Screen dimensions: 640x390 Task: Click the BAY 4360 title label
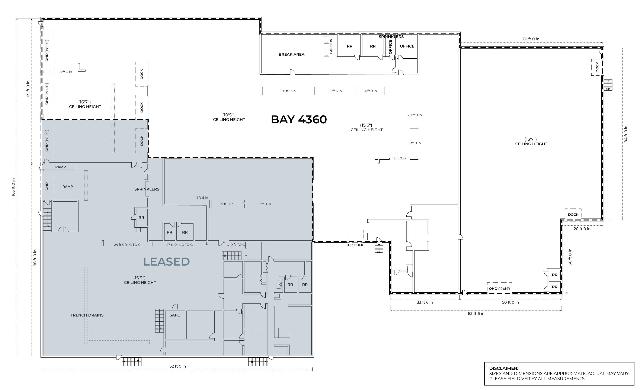[x=299, y=120]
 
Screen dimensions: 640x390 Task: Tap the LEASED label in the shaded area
[x=166, y=261]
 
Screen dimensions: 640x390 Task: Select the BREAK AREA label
[x=291, y=55]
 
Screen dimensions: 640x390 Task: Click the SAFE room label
[x=175, y=315]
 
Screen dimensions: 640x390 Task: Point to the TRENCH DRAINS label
[x=87, y=315]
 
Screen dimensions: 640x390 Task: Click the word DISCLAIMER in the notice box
[x=504, y=368]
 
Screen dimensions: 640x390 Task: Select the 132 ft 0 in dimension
[x=177, y=366]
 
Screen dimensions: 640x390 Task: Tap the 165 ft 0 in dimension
[x=13, y=187]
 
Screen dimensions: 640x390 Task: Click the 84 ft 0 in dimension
[x=626, y=134]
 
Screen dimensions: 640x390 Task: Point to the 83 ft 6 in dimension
[x=476, y=313]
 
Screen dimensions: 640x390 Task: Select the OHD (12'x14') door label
[x=499, y=289]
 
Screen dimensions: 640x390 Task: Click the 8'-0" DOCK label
[x=355, y=245]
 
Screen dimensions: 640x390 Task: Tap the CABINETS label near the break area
[x=331, y=46]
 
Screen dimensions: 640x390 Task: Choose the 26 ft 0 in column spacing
[x=288, y=91]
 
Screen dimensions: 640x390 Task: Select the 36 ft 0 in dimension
[x=570, y=257]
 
